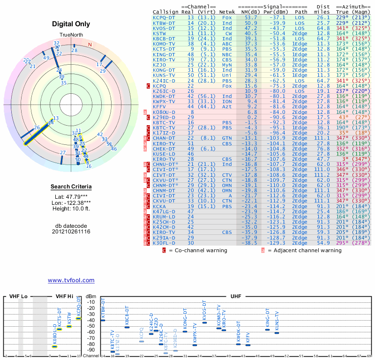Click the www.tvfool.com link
(71, 280)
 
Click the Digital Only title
(71, 24)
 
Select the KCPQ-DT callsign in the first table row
(164, 17)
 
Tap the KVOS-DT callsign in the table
(164, 28)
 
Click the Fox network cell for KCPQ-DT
(227, 17)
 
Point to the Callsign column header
(165, 12)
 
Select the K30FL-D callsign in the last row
(164, 243)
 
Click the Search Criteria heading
(71, 187)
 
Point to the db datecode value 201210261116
(71, 232)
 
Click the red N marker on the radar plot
(90, 45)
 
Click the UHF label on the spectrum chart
(236, 297)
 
